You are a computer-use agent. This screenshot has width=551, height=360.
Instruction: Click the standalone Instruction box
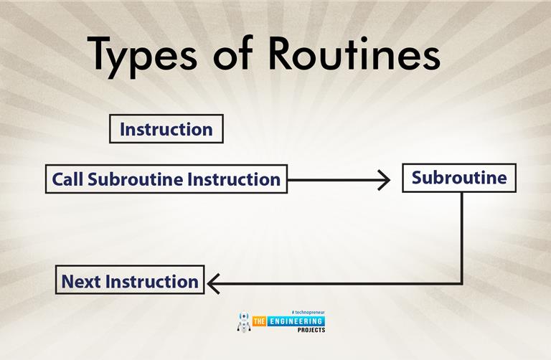(166, 130)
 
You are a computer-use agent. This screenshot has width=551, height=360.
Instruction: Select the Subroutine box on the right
(458, 177)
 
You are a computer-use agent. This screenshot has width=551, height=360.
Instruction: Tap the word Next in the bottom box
(80, 281)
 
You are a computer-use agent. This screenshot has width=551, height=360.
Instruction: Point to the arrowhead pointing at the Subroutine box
(385, 179)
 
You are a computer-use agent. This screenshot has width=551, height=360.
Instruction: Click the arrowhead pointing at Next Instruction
(212, 283)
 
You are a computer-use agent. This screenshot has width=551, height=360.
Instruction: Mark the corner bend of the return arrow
(461, 283)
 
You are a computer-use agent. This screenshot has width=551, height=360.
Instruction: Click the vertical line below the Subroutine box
(461, 237)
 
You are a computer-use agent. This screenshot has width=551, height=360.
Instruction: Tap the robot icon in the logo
(244, 321)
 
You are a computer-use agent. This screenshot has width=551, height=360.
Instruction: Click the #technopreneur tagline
(308, 313)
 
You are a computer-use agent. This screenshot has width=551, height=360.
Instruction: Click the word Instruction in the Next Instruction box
(151, 281)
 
